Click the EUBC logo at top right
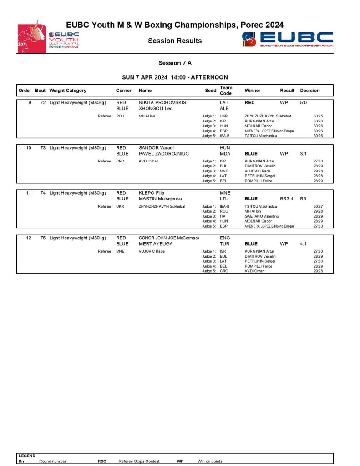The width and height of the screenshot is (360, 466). pyautogui.click(x=288, y=39)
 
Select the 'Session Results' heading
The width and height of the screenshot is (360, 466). pyautogui.click(x=175, y=41)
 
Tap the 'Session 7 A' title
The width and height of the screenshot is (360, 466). pyautogui.click(x=175, y=63)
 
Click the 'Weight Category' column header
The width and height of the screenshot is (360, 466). pyautogui.click(x=68, y=91)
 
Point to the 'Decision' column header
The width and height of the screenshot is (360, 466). pyautogui.click(x=310, y=91)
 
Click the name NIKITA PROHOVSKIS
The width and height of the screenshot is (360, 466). pyautogui.click(x=162, y=103)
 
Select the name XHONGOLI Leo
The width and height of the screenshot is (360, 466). pyautogui.click(x=155, y=109)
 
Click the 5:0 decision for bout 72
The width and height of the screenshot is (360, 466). pyautogui.click(x=304, y=103)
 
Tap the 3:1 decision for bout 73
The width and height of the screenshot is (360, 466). pyautogui.click(x=304, y=154)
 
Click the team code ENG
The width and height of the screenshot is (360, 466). pyautogui.click(x=225, y=238)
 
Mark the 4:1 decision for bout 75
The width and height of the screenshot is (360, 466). pyautogui.click(x=304, y=244)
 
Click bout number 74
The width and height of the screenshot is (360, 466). pyautogui.click(x=43, y=193)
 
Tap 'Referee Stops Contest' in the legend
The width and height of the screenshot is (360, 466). pyautogui.click(x=139, y=461)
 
